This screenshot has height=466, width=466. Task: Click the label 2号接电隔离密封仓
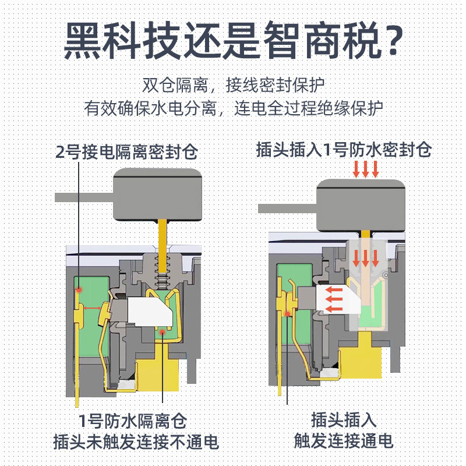coord(126,153)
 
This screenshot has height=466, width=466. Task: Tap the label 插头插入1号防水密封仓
coord(344,150)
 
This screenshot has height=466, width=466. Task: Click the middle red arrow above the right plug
coord(366,170)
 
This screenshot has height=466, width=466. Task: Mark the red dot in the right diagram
coord(288,314)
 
